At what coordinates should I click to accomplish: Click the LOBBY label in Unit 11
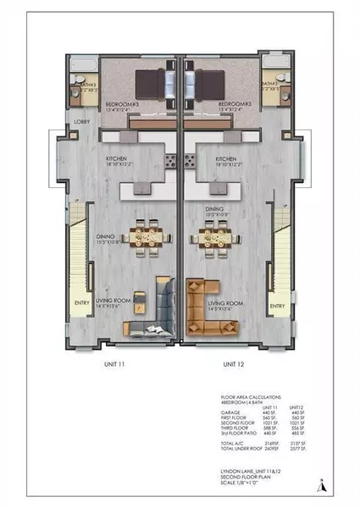82,123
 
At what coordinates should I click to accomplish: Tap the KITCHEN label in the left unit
119,158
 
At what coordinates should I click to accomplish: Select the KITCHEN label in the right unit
225,158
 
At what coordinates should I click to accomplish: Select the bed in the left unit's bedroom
153,84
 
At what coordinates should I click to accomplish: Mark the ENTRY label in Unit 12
277,306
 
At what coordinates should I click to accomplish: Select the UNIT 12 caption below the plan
235,364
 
